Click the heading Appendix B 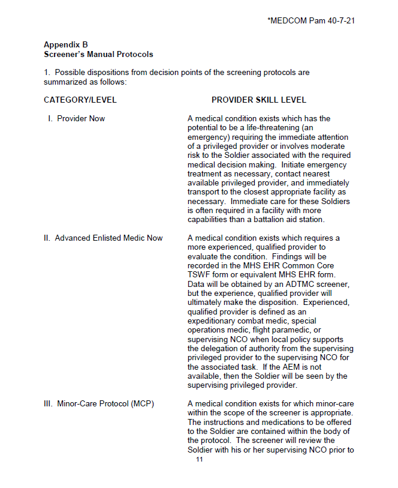[66, 45]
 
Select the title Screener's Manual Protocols [98, 54]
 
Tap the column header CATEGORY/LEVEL [80, 100]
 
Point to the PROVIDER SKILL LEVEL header [259, 100]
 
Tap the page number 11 [200, 460]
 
